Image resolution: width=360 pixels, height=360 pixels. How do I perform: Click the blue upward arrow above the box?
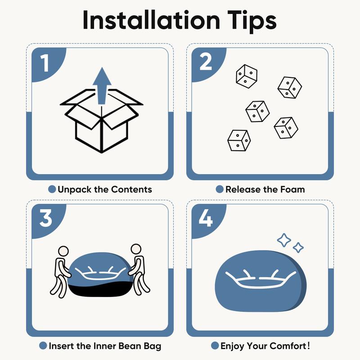pos(102,86)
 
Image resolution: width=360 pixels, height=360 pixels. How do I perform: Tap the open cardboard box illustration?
pos(102,121)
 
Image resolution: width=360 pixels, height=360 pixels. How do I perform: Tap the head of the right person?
pos(136,249)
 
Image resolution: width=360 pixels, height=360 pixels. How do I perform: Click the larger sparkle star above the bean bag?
pos(284,240)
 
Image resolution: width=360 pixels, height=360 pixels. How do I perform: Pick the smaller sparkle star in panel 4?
pos(298,247)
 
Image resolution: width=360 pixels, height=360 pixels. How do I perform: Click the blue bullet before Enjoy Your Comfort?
pos(215,346)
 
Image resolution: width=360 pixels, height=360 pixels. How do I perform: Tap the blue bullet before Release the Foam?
pos(220,189)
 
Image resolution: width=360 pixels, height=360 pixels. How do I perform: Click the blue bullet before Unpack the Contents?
pos(52,189)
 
